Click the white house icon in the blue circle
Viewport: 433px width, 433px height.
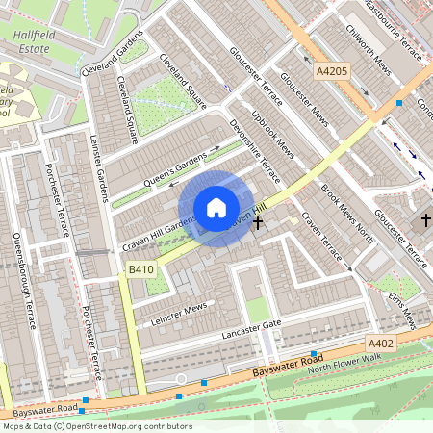pyautogui.click(x=216, y=208)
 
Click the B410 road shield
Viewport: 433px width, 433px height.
pyautogui.click(x=140, y=272)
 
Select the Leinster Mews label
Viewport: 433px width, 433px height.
pyautogui.click(x=171, y=309)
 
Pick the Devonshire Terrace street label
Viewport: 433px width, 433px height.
pyautogui.click(x=254, y=152)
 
